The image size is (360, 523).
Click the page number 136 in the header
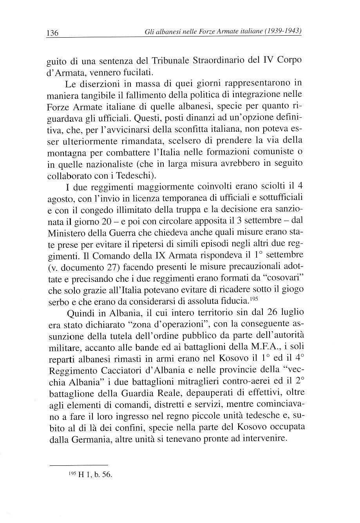pyautogui.click(x=52, y=33)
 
